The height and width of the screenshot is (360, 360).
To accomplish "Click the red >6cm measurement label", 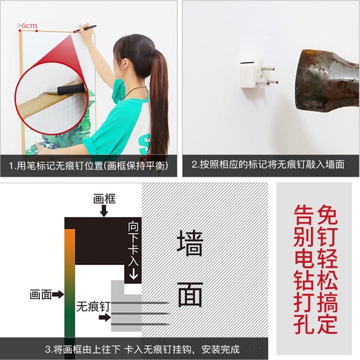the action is (x=27, y=26).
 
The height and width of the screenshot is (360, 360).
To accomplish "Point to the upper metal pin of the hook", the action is (x=268, y=68).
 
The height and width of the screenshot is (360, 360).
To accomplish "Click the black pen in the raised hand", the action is (x=86, y=28).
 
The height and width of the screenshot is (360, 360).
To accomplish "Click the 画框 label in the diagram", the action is (x=104, y=199).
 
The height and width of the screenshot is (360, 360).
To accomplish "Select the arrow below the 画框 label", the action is (x=104, y=211).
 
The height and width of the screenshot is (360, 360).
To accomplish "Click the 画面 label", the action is (x=40, y=294).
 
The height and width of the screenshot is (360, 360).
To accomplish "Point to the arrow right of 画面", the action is (x=58, y=294).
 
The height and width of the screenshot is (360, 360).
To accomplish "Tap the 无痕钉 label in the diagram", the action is (x=94, y=306).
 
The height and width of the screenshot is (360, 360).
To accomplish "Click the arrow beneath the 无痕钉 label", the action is (x=105, y=318).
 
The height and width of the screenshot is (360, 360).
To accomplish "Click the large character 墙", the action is (x=190, y=243).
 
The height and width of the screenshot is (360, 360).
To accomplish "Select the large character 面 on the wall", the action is (x=190, y=294).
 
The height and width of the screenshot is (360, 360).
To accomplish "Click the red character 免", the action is (x=327, y=215).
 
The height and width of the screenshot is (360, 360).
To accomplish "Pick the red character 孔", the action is (x=304, y=324).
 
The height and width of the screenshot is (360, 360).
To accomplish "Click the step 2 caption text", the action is (x=268, y=165).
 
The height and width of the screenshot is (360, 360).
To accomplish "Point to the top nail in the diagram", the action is (x=140, y=303).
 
